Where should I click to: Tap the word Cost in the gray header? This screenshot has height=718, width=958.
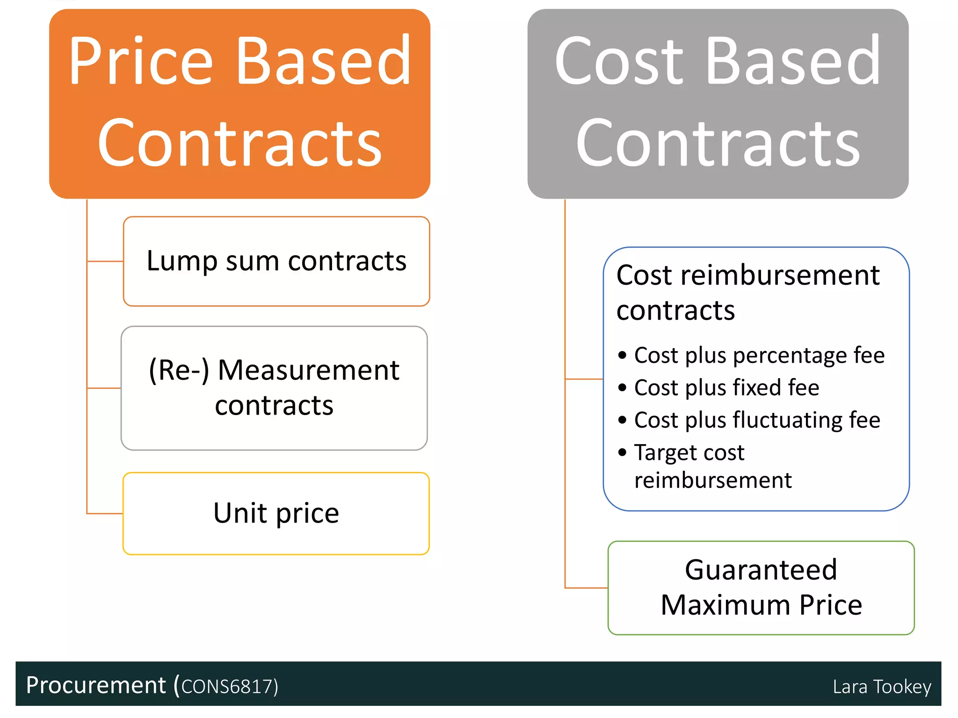click(x=619, y=62)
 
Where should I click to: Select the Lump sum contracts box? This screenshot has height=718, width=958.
click(x=276, y=261)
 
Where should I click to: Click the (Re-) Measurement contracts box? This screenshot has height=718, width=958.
click(x=274, y=388)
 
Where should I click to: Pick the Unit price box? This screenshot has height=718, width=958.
click(x=276, y=513)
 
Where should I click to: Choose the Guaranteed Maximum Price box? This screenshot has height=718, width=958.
click(x=761, y=588)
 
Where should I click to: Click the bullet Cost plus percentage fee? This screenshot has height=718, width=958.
click(x=759, y=355)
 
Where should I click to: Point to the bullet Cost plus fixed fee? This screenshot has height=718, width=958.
click(x=726, y=388)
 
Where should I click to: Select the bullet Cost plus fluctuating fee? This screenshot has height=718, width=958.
click(x=757, y=420)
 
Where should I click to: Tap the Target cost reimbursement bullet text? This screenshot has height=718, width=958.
click(x=712, y=466)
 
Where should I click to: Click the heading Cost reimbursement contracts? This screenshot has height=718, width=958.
click(x=748, y=293)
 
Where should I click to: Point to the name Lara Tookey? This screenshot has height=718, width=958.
click(x=882, y=687)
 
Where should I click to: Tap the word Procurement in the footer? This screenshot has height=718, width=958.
click(x=96, y=685)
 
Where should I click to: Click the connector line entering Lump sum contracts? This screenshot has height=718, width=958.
click(x=105, y=261)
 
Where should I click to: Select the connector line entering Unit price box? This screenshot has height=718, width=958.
click(x=105, y=514)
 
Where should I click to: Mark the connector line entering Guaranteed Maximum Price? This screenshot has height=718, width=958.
click(x=587, y=588)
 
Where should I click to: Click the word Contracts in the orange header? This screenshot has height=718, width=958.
click(x=239, y=143)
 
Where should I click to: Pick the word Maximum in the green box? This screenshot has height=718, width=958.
click(x=726, y=605)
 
